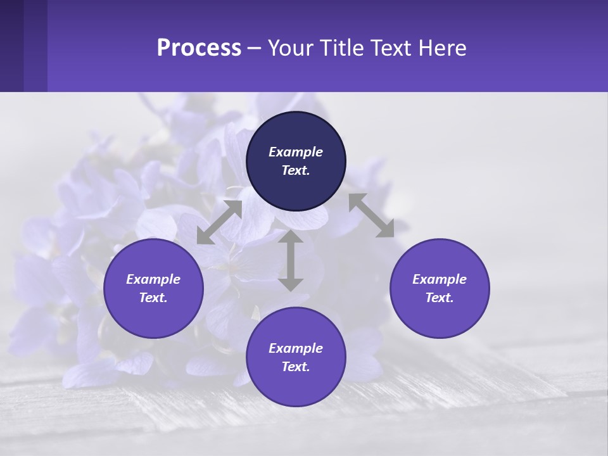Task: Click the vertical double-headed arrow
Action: (x=291, y=260)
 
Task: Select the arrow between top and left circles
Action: (x=219, y=222)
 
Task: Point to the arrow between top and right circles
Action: (x=371, y=215)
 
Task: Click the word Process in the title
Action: (x=199, y=48)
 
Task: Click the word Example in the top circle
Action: (x=296, y=152)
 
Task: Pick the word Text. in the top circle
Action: (x=296, y=170)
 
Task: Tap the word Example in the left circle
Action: (x=153, y=279)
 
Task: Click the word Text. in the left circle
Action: (x=153, y=298)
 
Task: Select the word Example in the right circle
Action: (x=440, y=279)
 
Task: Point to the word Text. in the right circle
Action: (x=440, y=298)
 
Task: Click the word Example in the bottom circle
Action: (x=296, y=348)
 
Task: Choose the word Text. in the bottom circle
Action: (x=296, y=367)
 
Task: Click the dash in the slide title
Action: (x=255, y=49)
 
